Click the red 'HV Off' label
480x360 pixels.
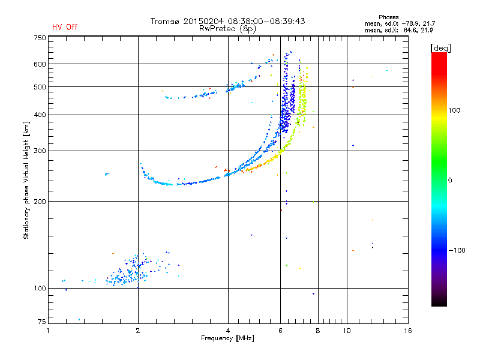[65, 27]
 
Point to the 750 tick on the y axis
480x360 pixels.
[40, 38]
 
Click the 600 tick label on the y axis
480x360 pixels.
[40, 64]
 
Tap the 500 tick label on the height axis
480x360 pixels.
[40, 87]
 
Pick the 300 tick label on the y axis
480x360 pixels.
[40, 151]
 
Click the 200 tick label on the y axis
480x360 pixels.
[40, 202]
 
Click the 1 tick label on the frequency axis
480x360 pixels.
[49, 331]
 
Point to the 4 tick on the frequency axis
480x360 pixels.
[228, 331]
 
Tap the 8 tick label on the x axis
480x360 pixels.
[318, 331]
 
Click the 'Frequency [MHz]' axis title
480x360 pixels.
[227, 339]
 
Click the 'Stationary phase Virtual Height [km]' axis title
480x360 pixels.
[26, 180]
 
